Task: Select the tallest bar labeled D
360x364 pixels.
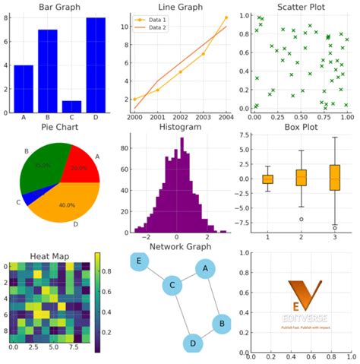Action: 96,65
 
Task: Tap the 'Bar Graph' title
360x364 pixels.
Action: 62,7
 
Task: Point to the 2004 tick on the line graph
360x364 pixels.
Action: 226,118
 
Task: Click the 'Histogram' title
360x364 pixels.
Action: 179,128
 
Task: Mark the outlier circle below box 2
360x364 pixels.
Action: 301,219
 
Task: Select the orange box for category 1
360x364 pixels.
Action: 267,179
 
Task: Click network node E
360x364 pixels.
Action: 140,261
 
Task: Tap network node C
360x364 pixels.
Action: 173,286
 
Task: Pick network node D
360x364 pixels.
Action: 194,343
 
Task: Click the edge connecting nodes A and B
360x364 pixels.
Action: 213,296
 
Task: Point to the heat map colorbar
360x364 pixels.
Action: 98,302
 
